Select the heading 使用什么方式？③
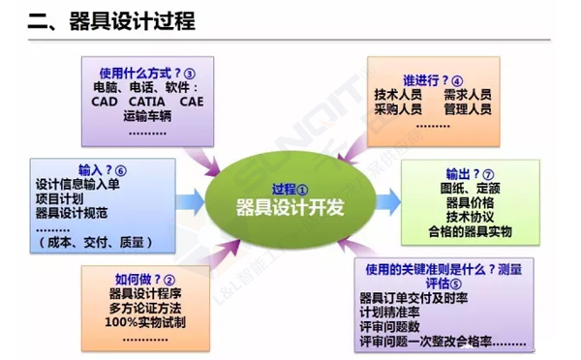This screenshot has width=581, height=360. [x=147, y=72]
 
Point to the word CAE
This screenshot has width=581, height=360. [x=192, y=101]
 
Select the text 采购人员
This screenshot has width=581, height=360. [x=397, y=110]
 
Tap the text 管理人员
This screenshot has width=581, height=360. [x=467, y=110]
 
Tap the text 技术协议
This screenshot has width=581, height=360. [x=470, y=217]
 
